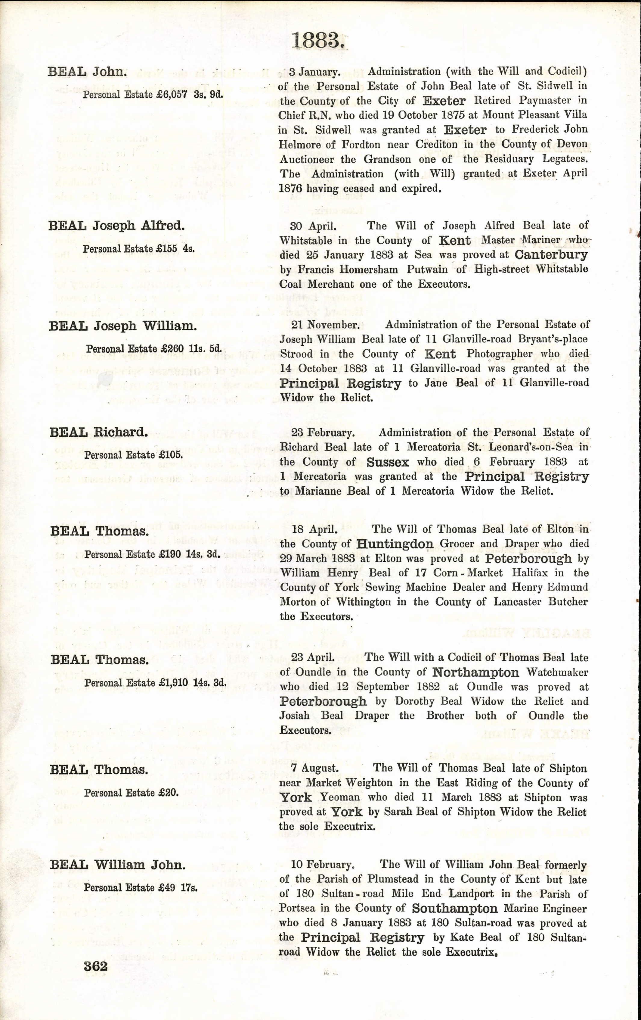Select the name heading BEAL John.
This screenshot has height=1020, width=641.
click(87, 72)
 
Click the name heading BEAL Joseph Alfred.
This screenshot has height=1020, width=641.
click(116, 226)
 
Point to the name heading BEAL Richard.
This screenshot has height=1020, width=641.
click(99, 432)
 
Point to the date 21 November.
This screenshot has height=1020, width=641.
click(325, 325)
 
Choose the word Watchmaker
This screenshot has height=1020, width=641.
click(557, 672)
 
